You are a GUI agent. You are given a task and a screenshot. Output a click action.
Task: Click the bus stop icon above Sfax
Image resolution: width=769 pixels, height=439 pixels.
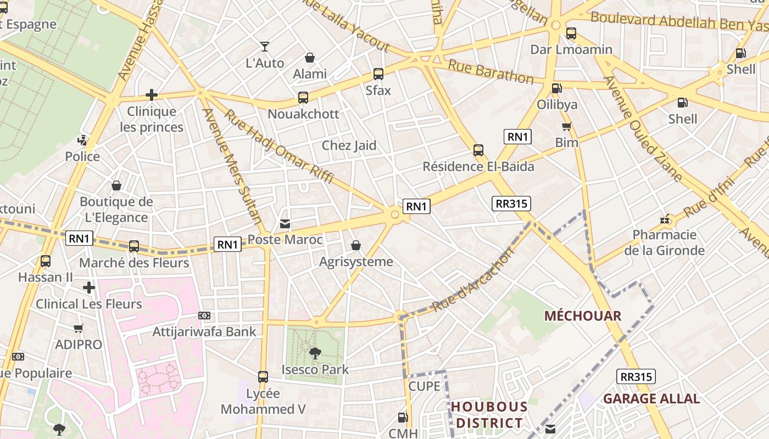(378, 74)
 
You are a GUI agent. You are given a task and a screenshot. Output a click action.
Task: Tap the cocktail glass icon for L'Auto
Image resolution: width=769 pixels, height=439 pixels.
(265, 47)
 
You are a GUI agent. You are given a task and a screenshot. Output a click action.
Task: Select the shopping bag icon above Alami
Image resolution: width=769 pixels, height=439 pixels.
(310, 58)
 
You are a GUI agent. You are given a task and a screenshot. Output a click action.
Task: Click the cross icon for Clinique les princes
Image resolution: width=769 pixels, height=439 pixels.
(152, 95)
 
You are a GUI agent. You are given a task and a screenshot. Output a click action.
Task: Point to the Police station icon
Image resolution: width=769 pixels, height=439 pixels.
(82, 140)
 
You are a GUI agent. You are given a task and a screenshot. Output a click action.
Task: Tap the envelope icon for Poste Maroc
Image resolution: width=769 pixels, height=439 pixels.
(285, 224)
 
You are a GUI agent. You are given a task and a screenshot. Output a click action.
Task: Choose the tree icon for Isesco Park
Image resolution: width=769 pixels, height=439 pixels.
(315, 353)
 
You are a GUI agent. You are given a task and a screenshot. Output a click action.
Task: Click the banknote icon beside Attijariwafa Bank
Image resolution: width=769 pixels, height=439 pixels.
(204, 316)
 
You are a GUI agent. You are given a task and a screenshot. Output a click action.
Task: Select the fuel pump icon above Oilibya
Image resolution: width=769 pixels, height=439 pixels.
(556, 88)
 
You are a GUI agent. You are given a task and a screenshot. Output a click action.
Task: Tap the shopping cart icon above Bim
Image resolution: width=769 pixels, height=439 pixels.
(566, 127)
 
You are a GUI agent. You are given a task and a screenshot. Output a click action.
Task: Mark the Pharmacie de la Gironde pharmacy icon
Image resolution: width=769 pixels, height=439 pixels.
(665, 219)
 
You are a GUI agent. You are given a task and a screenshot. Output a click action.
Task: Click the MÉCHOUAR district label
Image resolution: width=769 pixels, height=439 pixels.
(582, 316)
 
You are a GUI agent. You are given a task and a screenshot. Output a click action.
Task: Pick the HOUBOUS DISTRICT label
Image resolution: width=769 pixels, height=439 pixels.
(489, 415)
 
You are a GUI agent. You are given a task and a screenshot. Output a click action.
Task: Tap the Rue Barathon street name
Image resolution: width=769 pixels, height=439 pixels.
(491, 72)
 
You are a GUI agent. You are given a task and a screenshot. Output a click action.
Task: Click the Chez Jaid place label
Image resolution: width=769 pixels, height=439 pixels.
(349, 145)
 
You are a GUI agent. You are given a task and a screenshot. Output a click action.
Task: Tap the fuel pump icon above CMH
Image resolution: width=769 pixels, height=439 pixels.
(403, 418)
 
